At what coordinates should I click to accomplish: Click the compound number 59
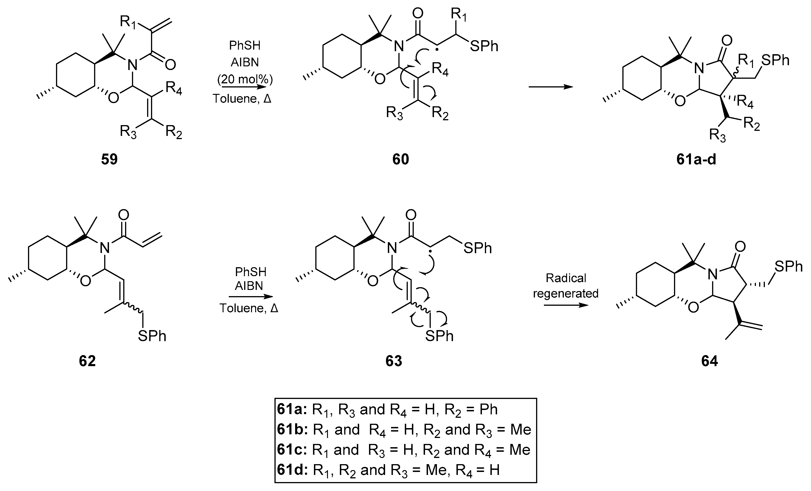click(x=109, y=159)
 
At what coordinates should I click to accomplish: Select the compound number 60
click(x=400, y=159)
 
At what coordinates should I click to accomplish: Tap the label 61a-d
click(x=696, y=159)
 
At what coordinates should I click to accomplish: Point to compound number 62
click(x=87, y=361)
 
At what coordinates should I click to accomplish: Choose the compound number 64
click(x=709, y=361)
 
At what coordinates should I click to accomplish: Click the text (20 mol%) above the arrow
click(x=245, y=79)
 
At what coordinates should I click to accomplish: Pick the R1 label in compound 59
click(x=128, y=22)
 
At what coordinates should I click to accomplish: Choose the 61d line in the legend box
click(x=388, y=470)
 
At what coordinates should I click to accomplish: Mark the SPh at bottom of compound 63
click(x=439, y=336)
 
